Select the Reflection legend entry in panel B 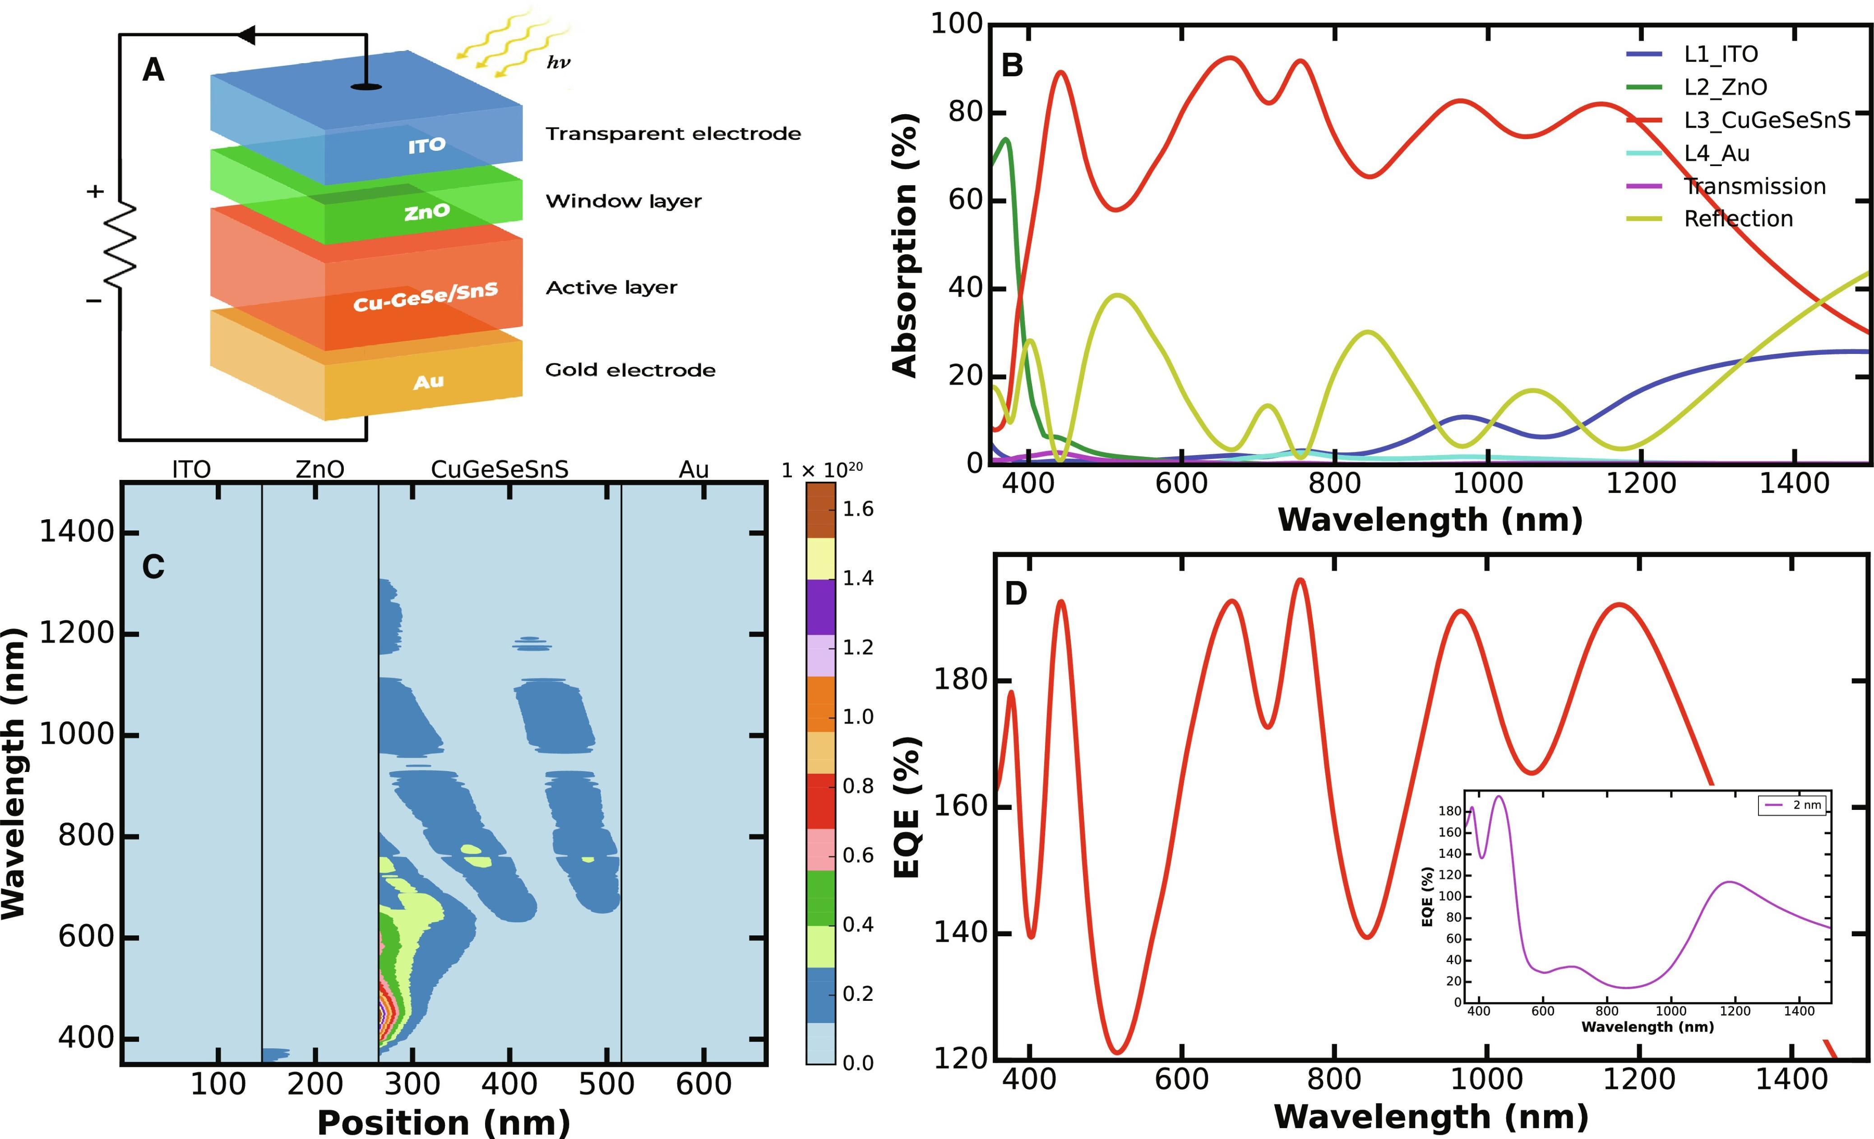point(1738,219)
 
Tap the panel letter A point(153,71)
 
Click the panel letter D point(1016,594)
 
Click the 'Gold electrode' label point(630,371)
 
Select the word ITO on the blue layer point(427,144)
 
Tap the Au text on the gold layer point(428,381)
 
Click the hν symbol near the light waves point(558,62)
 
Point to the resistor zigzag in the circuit point(120,245)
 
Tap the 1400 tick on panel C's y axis point(77,532)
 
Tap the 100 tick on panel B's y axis point(957,24)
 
